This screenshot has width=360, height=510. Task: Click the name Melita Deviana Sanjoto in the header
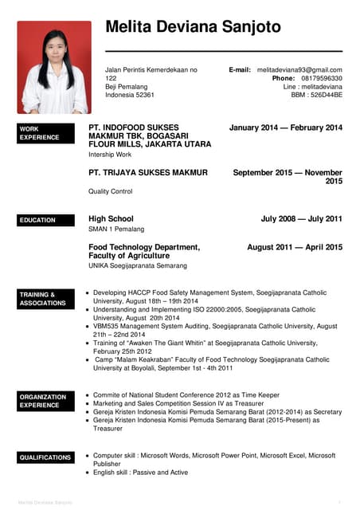click(x=193, y=27)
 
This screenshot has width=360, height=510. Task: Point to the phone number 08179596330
click(x=322, y=79)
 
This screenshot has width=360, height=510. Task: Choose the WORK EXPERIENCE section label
click(x=39, y=132)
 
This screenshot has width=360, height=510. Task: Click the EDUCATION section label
click(x=37, y=220)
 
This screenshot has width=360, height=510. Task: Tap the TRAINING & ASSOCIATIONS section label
click(x=42, y=299)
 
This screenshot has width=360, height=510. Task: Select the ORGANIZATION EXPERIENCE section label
click(x=43, y=401)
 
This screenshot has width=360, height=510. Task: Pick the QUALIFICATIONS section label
click(x=45, y=457)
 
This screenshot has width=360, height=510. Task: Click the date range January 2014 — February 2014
click(x=285, y=127)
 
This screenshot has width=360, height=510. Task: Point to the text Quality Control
click(x=111, y=191)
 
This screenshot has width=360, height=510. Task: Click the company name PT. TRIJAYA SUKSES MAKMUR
click(x=148, y=172)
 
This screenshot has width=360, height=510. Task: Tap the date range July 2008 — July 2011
click(x=301, y=218)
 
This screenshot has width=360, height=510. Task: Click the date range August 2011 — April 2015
click(x=295, y=247)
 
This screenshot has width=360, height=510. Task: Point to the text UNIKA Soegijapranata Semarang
click(x=138, y=265)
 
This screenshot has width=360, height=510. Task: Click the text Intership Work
click(x=111, y=155)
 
